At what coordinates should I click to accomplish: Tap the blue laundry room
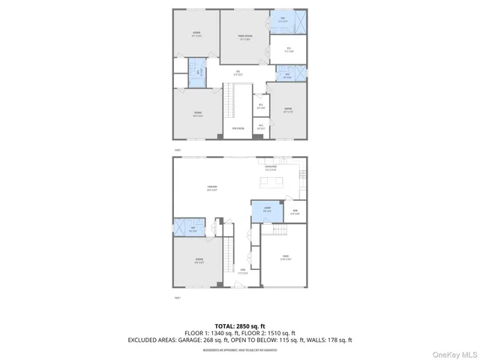[x=266, y=211]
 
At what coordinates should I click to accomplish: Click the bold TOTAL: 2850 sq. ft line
[x=240, y=325]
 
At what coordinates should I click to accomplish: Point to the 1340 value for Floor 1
[x=218, y=333]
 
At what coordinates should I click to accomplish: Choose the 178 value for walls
[x=335, y=340]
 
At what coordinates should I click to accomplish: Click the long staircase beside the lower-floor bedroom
[x=229, y=255]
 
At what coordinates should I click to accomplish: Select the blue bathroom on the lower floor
[x=193, y=229]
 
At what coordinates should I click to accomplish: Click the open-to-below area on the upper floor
[x=238, y=128]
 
